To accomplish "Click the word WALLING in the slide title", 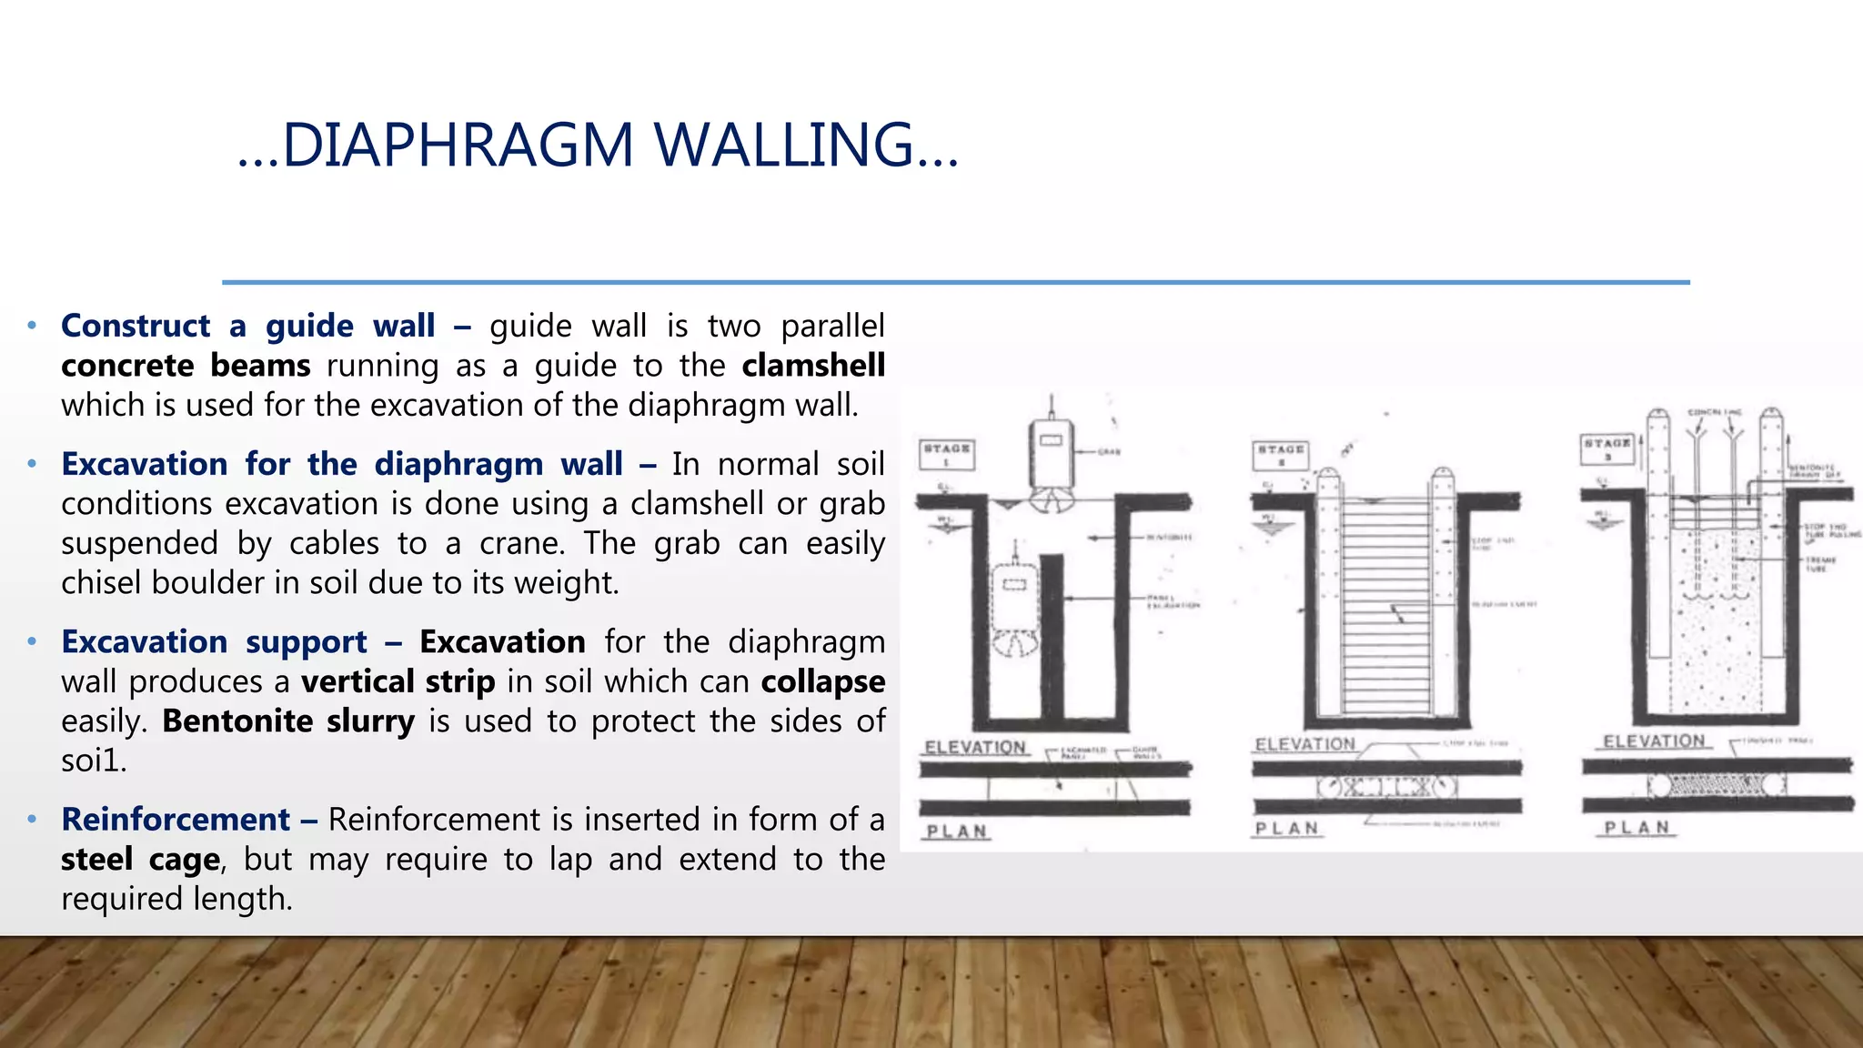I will click(784, 146).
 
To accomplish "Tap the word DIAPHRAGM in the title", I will click(458, 146).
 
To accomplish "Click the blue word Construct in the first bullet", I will click(136, 326).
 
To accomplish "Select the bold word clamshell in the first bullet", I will click(813, 366).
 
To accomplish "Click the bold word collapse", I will click(823, 681).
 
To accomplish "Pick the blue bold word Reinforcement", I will click(176, 820).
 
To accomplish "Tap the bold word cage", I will click(185, 860).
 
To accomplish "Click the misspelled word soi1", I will click(93, 761).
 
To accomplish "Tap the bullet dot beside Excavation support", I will click(32, 641).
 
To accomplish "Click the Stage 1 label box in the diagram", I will click(946, 454).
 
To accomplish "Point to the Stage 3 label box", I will click(1607, 448).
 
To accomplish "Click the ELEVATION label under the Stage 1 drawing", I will click(975, 748).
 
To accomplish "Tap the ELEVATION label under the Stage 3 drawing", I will click(1654, 741).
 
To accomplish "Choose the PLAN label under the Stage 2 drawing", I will click(1286, 829).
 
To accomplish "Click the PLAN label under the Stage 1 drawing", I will click(956, 831).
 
